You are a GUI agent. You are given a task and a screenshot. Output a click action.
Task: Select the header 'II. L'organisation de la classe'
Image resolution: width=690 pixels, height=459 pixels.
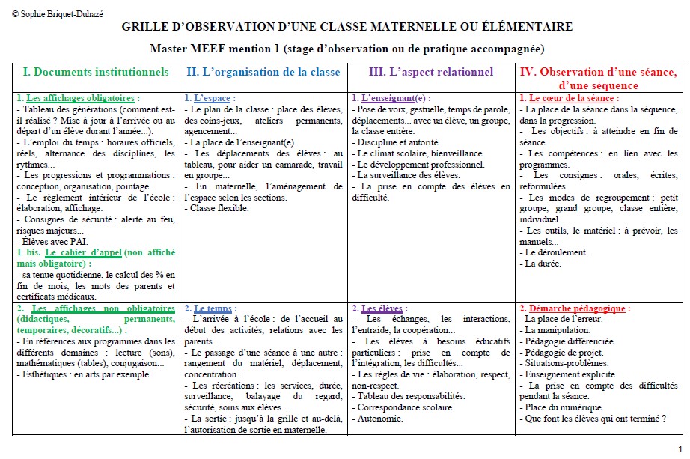point(263,72)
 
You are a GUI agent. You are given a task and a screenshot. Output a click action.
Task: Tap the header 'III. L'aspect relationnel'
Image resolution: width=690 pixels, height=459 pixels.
point(431,72)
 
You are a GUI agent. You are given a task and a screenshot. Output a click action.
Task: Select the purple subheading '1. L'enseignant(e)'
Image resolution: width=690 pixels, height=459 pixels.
point(391,98)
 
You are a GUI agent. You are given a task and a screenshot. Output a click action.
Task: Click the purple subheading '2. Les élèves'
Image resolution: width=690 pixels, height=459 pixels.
point(379,308)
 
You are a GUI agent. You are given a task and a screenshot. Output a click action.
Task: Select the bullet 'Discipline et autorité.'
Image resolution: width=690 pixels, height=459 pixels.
point(397,142)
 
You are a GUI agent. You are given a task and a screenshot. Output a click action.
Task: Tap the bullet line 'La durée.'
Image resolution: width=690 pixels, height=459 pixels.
point(542,264)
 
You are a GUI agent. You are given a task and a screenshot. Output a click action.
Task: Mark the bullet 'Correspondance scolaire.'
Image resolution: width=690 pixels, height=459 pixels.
point(405,407)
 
